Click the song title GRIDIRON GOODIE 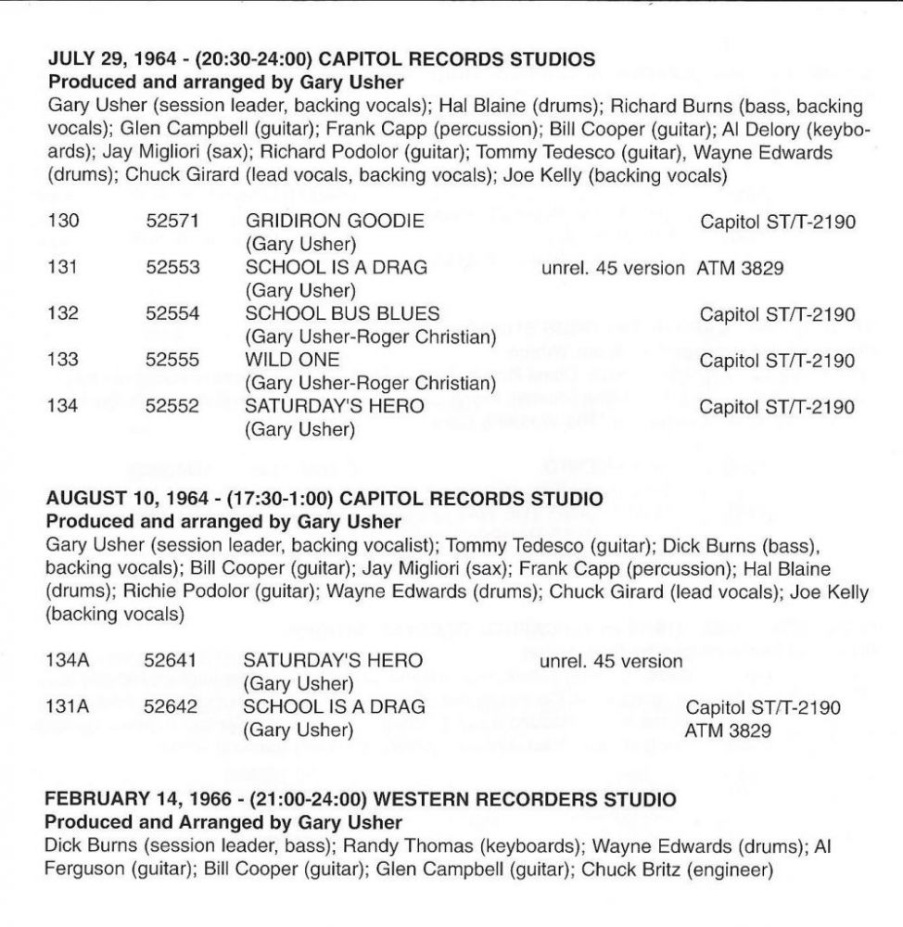[x=334, y=222]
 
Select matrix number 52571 [x=172, y=222]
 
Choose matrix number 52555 [x=172, y=360]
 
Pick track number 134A [x=70, y=661]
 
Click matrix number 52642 [x=171, y=707]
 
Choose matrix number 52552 [x=172, y=405]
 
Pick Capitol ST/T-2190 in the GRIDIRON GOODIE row [x=777, y=222]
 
